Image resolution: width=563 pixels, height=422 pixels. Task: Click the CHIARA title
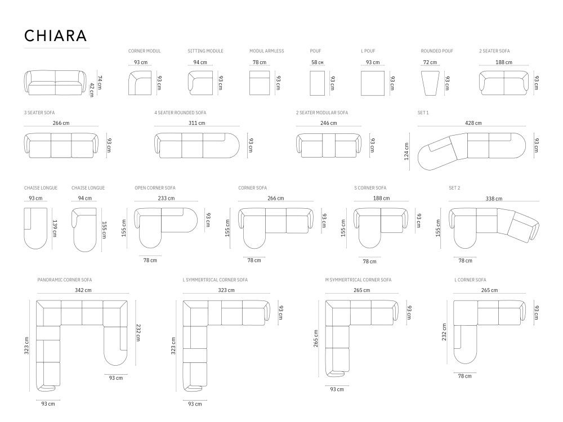coord(55,35)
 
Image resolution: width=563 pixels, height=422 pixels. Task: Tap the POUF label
coord(316,51)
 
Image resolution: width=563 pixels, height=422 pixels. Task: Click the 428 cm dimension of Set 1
coord(473,123)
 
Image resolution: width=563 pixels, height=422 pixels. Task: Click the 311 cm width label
coord(197,123)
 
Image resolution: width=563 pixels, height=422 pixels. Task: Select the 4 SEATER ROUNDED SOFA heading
coord(180,113)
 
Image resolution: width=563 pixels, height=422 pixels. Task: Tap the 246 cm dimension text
coord(329,123)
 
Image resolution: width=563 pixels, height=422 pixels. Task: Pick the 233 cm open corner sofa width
coord(167,198)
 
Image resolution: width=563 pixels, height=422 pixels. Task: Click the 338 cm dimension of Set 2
coord(494,198)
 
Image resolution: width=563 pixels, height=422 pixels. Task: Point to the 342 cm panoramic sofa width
coord(83,290)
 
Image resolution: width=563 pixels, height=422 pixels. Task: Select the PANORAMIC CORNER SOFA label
coord(65,280)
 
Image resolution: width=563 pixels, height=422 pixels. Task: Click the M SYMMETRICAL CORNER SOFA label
coord(358,280)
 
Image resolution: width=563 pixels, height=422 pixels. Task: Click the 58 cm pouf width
coord(318,62)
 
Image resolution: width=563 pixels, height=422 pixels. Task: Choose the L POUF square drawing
coord(373,83)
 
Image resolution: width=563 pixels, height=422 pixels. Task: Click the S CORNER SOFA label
coord(370,188)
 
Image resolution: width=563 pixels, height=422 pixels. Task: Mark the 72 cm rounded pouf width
coord(430,62)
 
